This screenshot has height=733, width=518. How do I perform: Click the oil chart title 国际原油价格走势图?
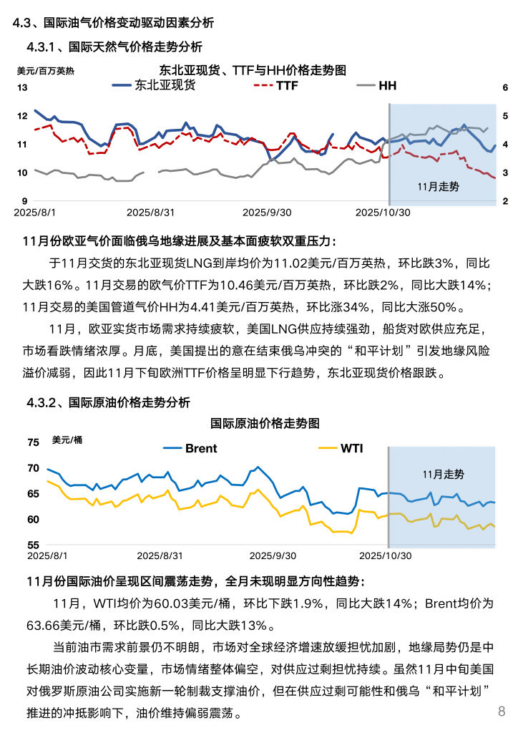click(265, 424)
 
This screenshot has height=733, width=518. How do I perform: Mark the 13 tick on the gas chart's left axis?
click(21, 88)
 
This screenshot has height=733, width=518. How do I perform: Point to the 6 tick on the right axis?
click(505, 88)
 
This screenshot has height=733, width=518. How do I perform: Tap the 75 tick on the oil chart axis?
click(34, 443)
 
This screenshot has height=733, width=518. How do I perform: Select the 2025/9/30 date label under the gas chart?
click(267, 213)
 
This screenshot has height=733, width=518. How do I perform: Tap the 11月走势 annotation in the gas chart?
click(438, 186)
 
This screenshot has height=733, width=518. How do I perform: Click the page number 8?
click(502, 711)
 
